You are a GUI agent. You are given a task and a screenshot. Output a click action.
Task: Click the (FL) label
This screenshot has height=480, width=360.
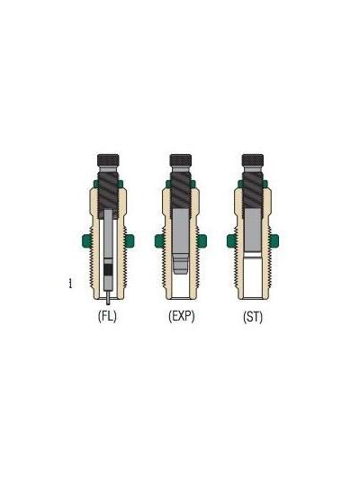(107, 317)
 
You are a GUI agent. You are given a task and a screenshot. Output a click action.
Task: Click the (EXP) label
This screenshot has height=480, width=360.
(180, 317)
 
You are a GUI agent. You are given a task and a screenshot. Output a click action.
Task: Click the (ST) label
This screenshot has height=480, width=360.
(253, 317)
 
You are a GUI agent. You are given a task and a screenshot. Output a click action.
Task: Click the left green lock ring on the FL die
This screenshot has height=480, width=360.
(85, 240)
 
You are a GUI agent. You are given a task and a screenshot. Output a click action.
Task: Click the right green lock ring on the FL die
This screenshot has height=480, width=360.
(130, 240)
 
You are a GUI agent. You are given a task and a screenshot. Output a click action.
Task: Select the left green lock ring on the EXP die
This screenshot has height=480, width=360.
(157, 240)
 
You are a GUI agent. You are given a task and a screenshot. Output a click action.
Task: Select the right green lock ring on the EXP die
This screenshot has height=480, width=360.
(203, 240)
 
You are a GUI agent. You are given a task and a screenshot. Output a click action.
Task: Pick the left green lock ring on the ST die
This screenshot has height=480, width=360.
(230, 240)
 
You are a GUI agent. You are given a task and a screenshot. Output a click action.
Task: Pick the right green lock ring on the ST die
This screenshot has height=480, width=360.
(276, 240)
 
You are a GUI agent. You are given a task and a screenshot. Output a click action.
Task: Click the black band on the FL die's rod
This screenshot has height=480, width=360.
(108, 267)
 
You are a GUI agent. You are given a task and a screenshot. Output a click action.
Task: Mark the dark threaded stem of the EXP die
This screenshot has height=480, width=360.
(180, 191)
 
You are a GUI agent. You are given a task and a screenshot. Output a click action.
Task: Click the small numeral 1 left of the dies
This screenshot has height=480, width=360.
(69, 285)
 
